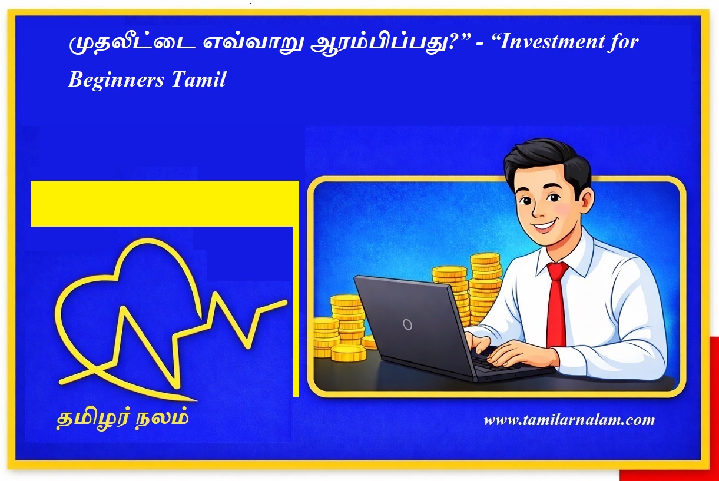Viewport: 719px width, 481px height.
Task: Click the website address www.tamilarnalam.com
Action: point(569,420)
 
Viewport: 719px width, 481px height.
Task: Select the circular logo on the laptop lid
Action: point(407,324)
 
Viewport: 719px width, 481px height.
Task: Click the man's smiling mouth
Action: point(545,224)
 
